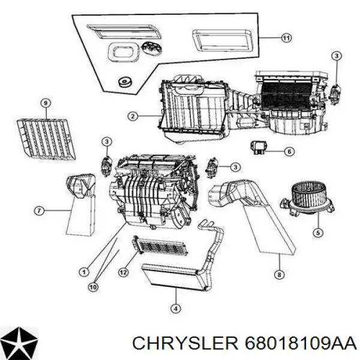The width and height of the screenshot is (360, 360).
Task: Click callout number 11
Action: [x=286, y=38]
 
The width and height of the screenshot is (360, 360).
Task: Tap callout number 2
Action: [x=133, y=116]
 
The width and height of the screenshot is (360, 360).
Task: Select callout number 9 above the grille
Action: [x=46, y=103]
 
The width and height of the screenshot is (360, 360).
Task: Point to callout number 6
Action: [x=289, y=152]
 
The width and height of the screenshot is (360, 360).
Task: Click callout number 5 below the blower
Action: [x=318, y=233]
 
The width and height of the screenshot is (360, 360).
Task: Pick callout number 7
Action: [x=39, y=211]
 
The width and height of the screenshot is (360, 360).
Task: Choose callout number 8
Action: [x=279, y=275]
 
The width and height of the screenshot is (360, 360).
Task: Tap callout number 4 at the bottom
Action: [x=176, y=308]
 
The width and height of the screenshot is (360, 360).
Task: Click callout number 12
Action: [x=123, y=272]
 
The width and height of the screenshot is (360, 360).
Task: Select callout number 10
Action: [x=93, y=287]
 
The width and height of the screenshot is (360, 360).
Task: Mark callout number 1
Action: [x=84, y=272]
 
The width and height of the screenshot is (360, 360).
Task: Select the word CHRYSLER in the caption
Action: [x=185, y=344]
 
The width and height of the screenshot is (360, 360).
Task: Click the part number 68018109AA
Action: [x=301, y=344]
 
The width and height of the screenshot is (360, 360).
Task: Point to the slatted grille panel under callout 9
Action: [x=46, y=139]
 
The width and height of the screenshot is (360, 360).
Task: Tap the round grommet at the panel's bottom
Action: [x=125, y=82]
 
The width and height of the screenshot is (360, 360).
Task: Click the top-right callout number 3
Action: [x=337, y=56]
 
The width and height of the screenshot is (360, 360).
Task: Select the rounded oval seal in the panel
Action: [x=123, y=52]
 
